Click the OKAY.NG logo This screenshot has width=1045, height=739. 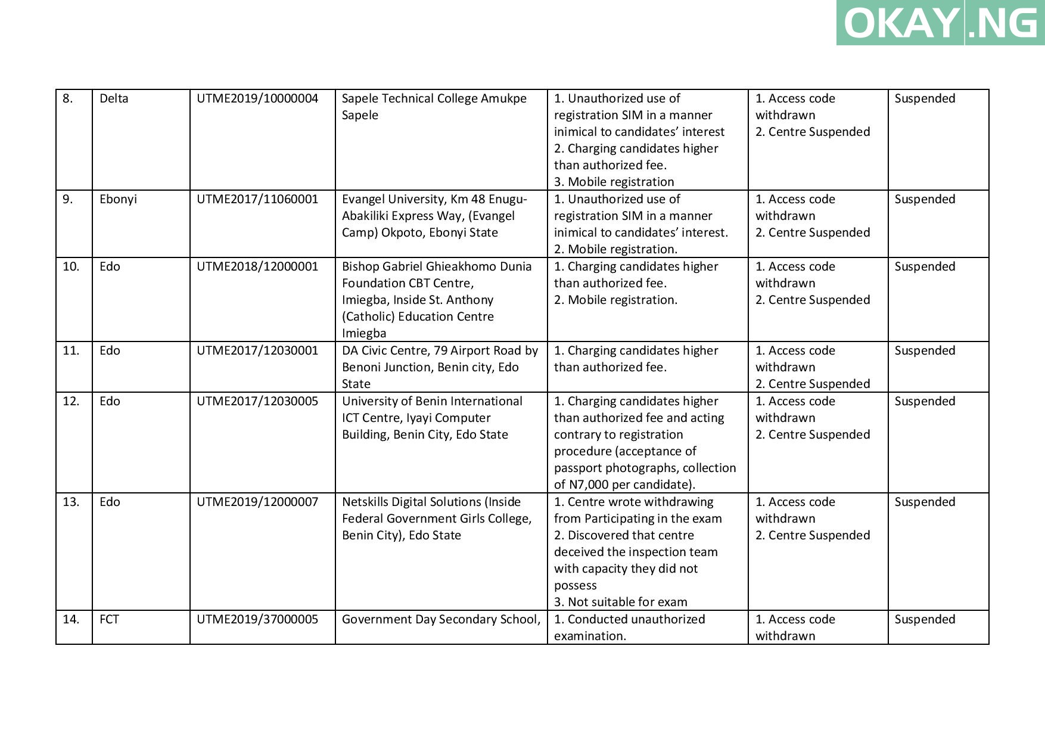pyautogui.click(x=940, y=23)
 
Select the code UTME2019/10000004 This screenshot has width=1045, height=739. pyautogui.click(x=257, y=98)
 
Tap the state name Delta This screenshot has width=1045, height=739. pyautogui.click(x=114, y=98)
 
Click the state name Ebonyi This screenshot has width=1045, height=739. pyautogui.click(x=118, y=199)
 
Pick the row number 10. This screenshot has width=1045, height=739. pyautogui.click(x=71, y=266)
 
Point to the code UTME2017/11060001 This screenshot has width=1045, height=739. pyautogui.click(x=257, y=199)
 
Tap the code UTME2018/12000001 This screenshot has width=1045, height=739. pyautogui.click(x=257, y=266)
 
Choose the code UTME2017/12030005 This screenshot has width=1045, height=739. pyautogui.click(x=257, y=401)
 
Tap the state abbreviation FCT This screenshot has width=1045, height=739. pyautogui.click(x=109, y=619)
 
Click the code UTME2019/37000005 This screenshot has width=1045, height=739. pyautogui.click(x=257, y=619)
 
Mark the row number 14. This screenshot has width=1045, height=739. pyautogui.click(x=71, y=619)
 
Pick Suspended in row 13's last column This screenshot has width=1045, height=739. pyautogui.click(x=925, y=502)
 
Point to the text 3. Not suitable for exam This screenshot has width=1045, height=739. pyautogui.click(x=620, y=602)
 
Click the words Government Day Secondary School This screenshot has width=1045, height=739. pyautogui.click(x=440, y=619)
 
